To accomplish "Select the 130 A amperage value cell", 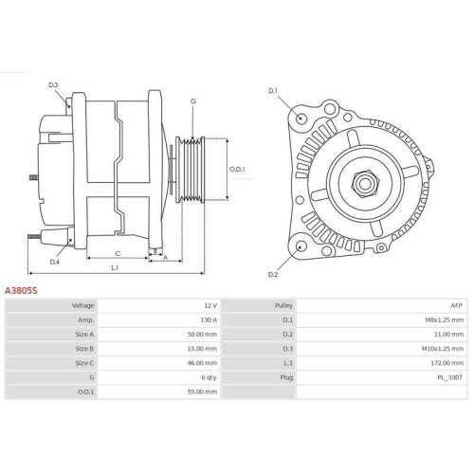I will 208,320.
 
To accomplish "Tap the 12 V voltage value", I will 210,306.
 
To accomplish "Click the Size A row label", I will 82,335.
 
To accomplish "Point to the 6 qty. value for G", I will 208,376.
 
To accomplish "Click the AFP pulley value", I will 456,306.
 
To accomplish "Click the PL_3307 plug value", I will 449,376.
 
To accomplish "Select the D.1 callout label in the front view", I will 273,91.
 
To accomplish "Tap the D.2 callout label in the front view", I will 272,274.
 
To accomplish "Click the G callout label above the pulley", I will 192,100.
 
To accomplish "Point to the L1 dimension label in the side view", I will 114,268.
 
